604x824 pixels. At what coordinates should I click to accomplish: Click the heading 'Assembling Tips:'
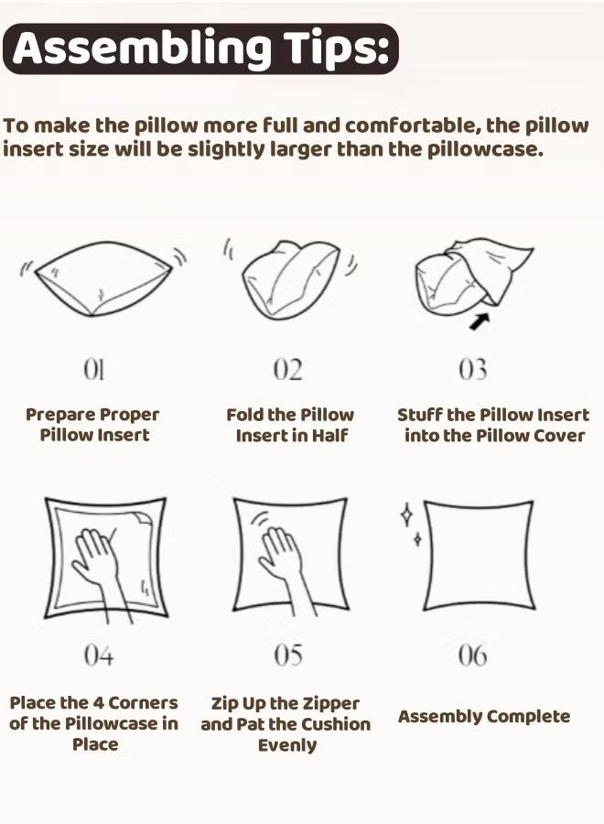point(200,49)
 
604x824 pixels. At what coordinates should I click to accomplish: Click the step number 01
point(94,370)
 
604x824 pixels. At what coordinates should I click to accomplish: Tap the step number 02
point(287,370)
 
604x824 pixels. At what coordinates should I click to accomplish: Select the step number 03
point(472,370)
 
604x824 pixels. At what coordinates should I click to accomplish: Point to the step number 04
point(98,656)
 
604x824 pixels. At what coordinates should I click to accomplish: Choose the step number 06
point(472,656)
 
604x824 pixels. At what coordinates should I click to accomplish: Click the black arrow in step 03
point(479,320)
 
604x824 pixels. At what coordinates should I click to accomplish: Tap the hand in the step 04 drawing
point(97,560)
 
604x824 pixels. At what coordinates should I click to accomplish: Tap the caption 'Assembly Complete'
point(484,717)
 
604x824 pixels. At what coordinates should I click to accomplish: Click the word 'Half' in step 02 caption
point(330,436)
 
